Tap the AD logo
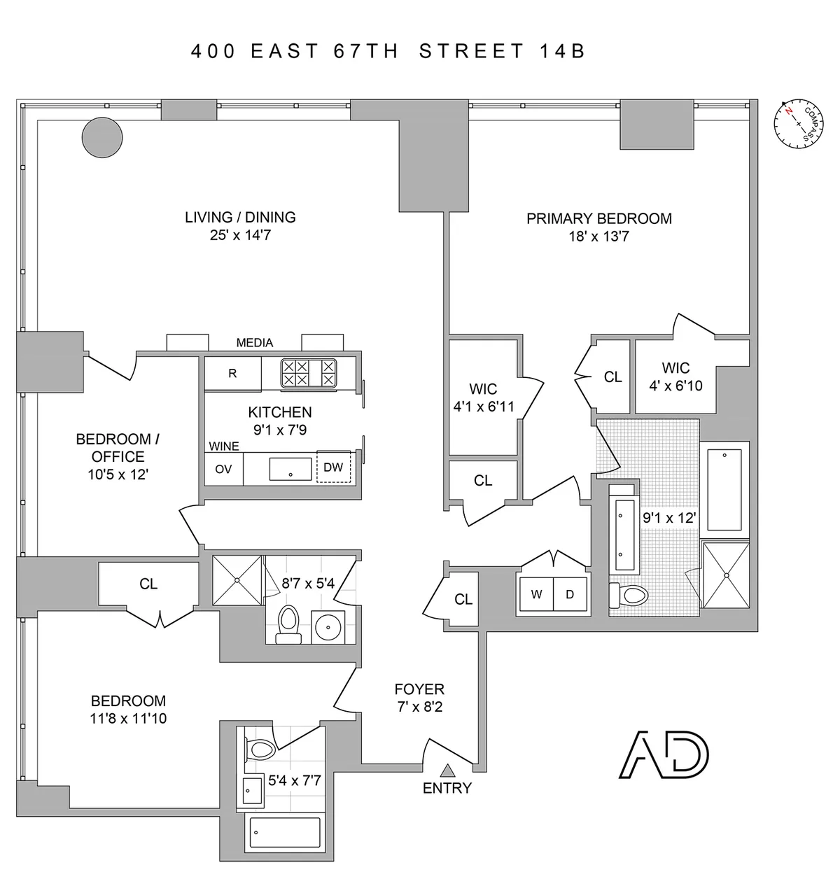click(664, 756)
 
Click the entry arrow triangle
click(447, 771)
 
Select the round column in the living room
click(102, 136)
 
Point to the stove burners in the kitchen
click(308, 372)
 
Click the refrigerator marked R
click(232, 374)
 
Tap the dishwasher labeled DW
click(333, 467)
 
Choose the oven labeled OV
click(223, 468)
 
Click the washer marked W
click(536, 595)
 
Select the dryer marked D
click(570, 595)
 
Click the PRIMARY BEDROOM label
click(598, 218)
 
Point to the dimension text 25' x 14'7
click(240, 235)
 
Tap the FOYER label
click(419, 689)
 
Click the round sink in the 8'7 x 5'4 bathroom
click(328, 626)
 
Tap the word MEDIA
click(255, 342)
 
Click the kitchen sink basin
click(290, 468)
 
